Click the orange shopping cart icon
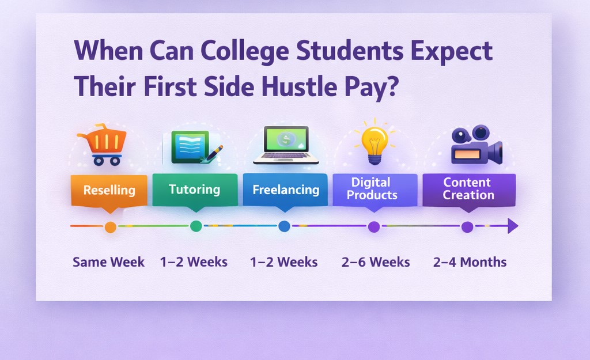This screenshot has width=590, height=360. point(102,145)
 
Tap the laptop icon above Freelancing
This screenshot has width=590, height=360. point(286,145)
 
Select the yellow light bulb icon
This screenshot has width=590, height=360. point(374,142)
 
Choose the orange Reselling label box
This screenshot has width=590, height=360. point(109,190)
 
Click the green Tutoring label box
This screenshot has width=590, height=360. point(195,190)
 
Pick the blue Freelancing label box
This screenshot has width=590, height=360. point(285,190)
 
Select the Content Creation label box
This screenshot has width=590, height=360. point(468,189)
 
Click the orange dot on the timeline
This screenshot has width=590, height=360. point(110,227)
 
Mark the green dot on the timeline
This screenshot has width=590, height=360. point(196,226)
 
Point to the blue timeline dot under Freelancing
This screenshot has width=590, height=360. point(284,226)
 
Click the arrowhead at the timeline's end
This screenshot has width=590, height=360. point(512,226)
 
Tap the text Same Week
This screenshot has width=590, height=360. point(109,262)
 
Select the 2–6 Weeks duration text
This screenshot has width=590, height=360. point(375,262)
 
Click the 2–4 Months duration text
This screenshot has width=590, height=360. point(470,262)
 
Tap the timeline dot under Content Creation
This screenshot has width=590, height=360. point(467,227)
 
